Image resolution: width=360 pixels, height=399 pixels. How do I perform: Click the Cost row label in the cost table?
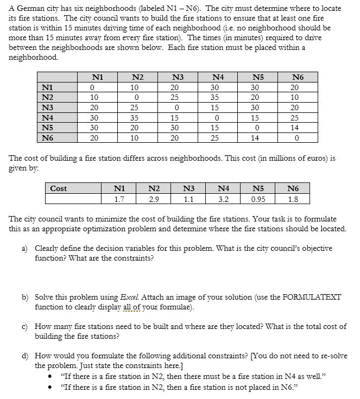(x=58, y=188)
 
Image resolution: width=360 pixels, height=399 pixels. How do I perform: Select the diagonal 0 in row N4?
(x=216, y=117)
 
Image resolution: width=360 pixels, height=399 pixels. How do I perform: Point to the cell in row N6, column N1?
(x=93, y=138)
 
